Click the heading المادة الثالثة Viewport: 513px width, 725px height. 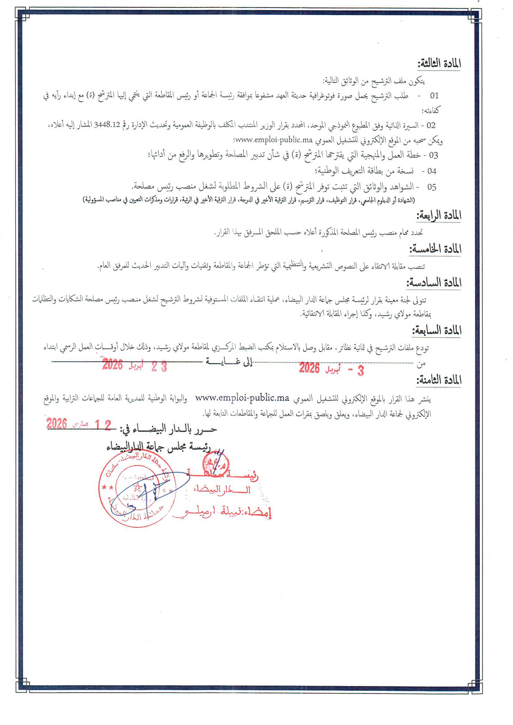coord(439,64)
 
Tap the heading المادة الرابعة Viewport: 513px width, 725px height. coord(438,216)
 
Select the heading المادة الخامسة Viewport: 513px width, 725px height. coord(435,249)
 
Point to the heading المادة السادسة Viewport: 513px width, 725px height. coord(434,283)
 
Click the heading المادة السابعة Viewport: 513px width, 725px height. coord(436,331)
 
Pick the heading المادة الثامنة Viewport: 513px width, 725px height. coord(439,380)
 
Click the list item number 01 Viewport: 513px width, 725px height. coord(434,96)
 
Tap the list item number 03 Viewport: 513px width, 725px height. coord(433,155)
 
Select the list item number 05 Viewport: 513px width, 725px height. coord(431,187)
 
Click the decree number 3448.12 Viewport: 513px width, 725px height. coord(107,125)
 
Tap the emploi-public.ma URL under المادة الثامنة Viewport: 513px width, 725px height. coord(242,398)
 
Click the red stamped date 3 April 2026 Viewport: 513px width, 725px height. coord(331,369)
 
